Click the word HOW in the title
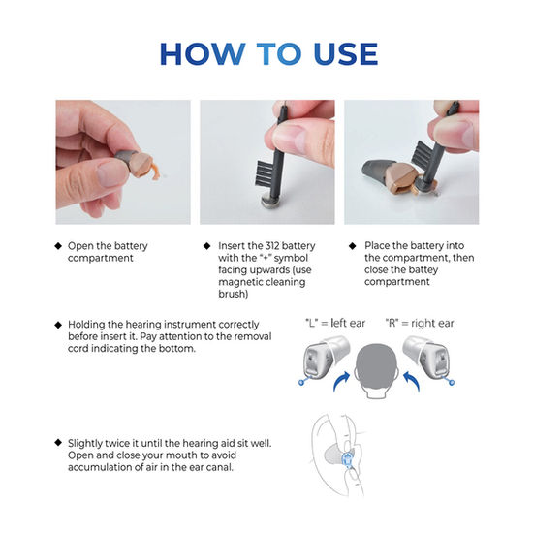pyautogui.click(x=203, y=53)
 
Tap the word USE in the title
pyautogui.click(x=346, y=53)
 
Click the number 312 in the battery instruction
pyautogui.click(x=272, y=246)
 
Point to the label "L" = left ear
pyautogui.click(x=335, y=323)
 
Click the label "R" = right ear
pyautogui.click(x=420, y=323)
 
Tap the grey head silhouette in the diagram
pyautogui.click(x=376, y=370)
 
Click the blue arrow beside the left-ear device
pyautogui.click(x=341, y=382)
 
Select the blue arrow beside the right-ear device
pyautogui.click(x=411, y=382)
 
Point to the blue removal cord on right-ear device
pyautogui.click(x=449, y=381)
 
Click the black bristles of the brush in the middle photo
pyautogui.click(x=265, y=172)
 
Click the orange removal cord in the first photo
pyautogui.click(x=155, y=172)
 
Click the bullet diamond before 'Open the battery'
pyautogui.click(x=58, y=246)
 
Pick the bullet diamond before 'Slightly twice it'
pyautogui.click(x=58, y=443)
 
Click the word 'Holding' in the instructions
pyautogui.click(x=86, y=325)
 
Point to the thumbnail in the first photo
pyautogui.click(x=110, y=174)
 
